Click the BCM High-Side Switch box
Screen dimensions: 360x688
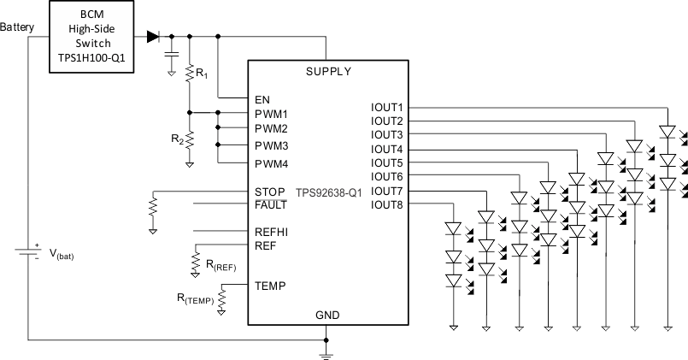(x=92, y=38)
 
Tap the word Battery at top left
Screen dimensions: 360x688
(x=18, y=27)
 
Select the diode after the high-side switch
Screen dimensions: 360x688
(x=153, y=37)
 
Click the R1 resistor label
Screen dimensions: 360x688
(x=201, y=75)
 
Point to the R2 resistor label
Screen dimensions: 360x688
(x=176, y=138)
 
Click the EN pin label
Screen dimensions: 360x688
(x=262, y=99)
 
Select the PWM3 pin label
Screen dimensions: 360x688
(x=271, y=146)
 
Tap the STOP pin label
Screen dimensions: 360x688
(x=269, y=191)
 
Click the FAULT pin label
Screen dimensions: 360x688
(x=271, y=204)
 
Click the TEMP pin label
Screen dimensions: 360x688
(x=270, y=286)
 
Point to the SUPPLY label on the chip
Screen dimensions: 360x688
(x=328, y=71)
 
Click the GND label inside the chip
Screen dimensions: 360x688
(x=327, y=316)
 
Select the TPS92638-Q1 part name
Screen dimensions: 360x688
(x=329, y=193)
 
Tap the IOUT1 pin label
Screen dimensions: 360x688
(x=387, y=108)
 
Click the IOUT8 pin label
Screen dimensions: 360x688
(x=387, y=204)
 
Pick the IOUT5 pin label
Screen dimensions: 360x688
(x=387, y=162)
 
